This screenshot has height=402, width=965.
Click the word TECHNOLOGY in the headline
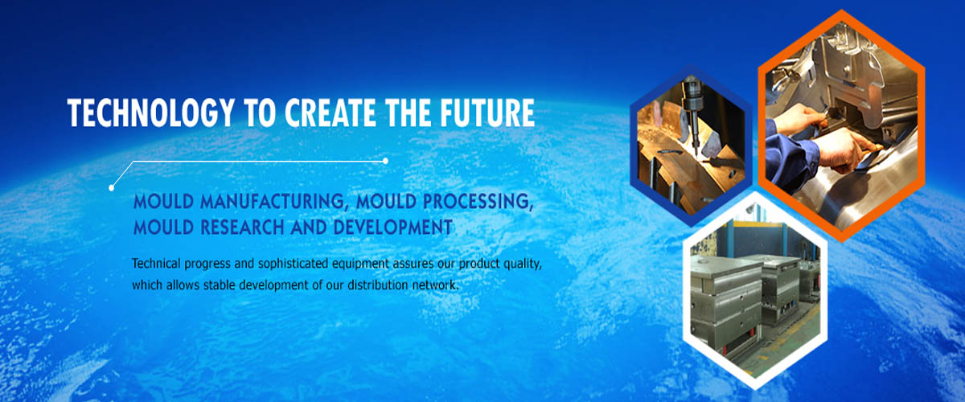point(151,113)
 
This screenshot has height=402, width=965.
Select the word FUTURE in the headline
point(487,113)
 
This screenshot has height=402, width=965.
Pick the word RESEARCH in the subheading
point(243,227)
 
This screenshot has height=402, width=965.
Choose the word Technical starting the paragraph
point(156,263)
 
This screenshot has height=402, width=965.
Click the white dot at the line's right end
point(385,161)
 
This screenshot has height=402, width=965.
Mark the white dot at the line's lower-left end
point(112,187)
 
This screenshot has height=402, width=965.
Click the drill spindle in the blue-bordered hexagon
point(692,108)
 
